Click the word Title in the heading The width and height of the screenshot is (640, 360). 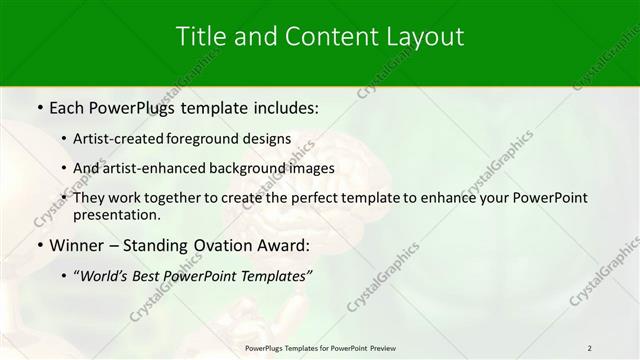(x=201, y=37)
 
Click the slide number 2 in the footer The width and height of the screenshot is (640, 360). (x=589, y=348)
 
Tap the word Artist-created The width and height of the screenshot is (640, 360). (x=119, y=138)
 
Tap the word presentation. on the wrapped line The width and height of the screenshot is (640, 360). (x=117, y=214)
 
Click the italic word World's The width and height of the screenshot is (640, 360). (x=109, y=275)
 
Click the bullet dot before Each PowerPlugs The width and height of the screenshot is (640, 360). (x=39, y=106)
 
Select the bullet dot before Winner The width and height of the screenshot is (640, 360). (x=39, y=245)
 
